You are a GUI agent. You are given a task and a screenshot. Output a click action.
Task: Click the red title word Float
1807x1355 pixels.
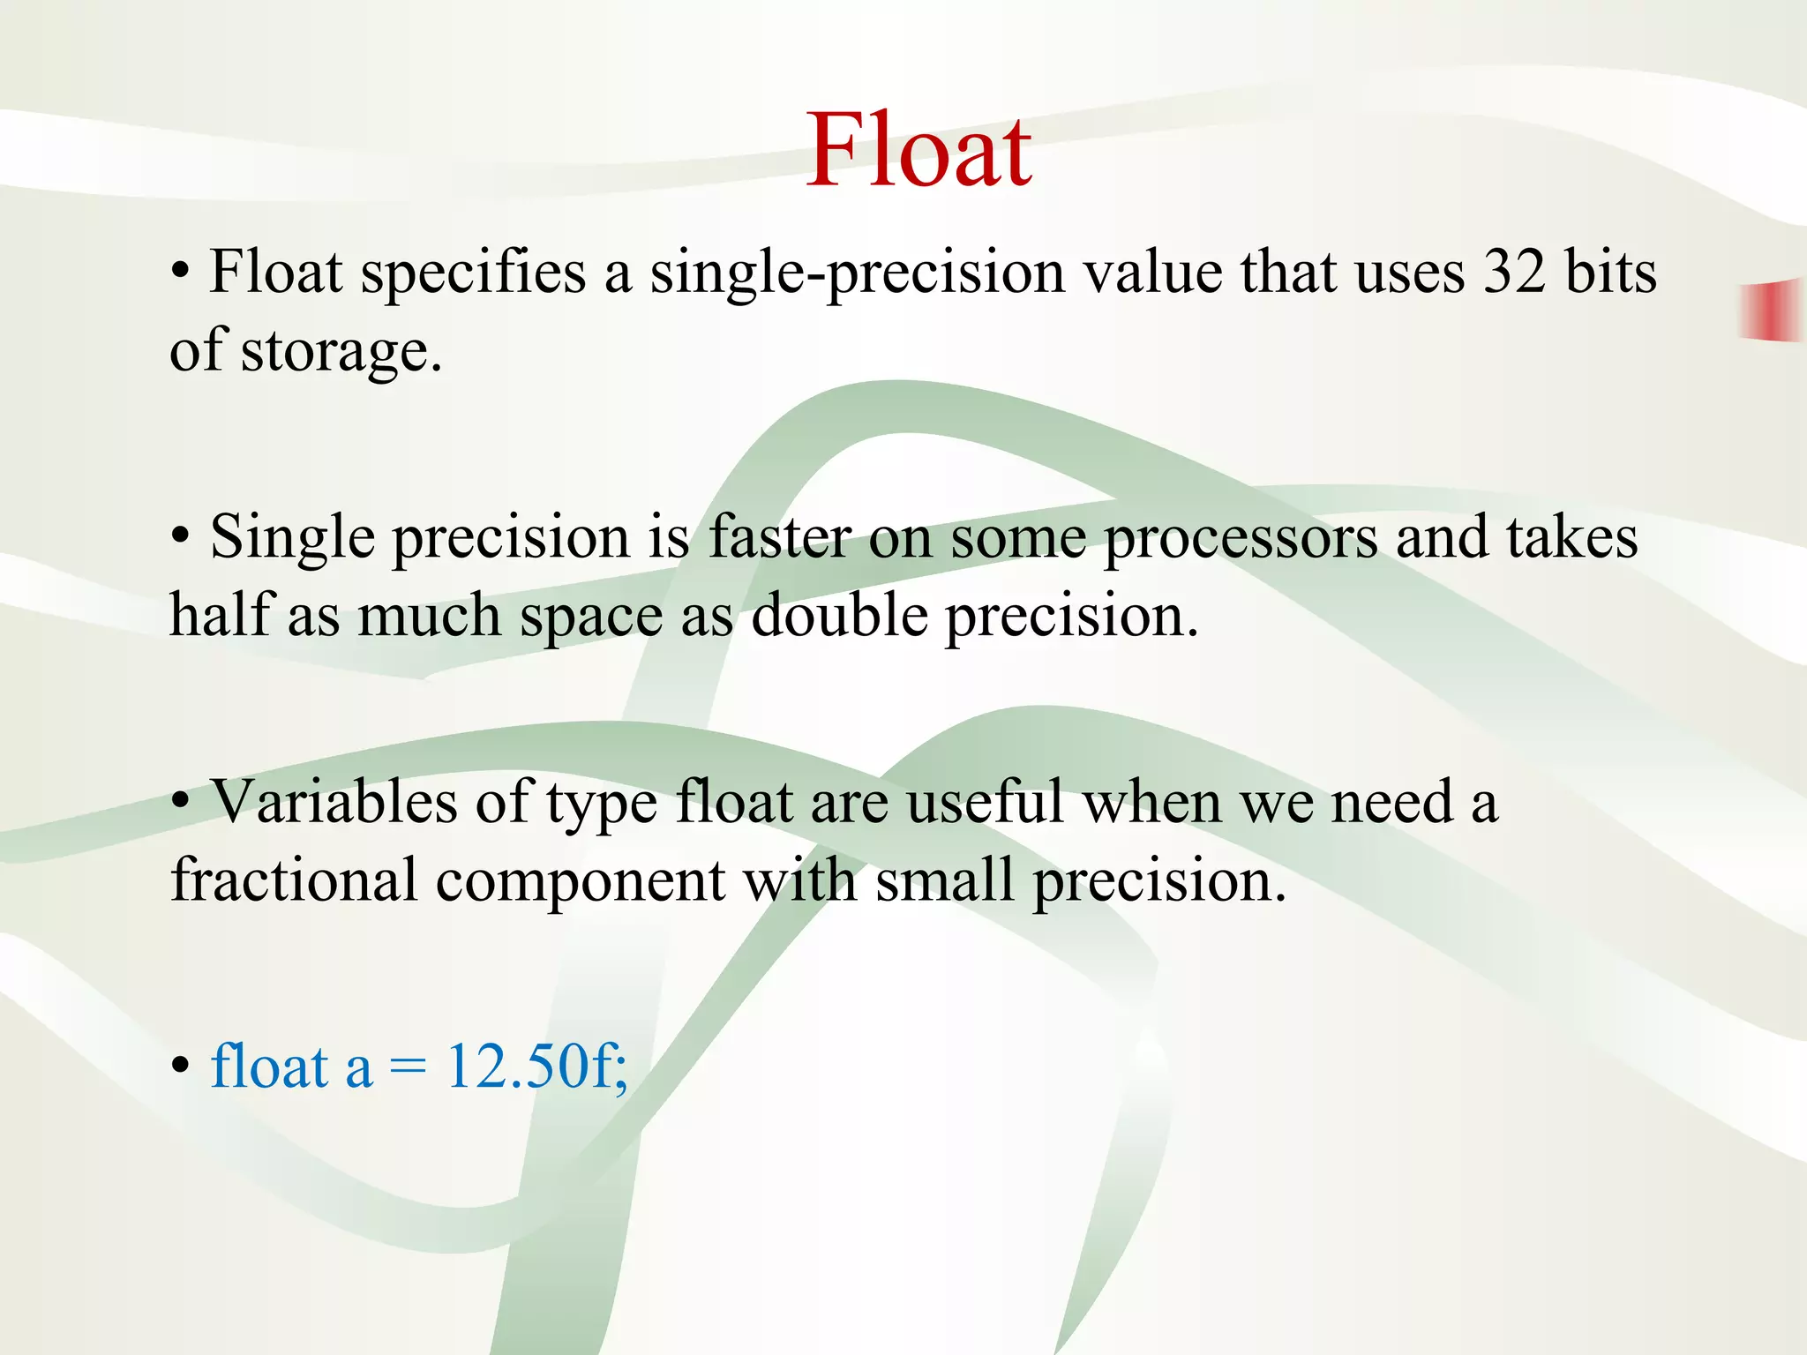coord(918,152)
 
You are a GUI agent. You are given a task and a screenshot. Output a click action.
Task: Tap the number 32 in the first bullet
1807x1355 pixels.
coord(1514,272)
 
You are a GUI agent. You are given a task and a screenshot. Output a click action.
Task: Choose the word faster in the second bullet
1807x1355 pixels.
coord(779,537)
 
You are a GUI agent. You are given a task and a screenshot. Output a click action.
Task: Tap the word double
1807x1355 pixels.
coord(839,615)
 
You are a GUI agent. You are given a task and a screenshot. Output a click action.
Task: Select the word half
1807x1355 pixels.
coord(219,615)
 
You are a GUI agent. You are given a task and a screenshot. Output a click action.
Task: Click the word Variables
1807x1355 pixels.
coord(334,802)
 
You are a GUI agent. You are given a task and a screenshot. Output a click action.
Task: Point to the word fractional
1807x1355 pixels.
coord(294,880)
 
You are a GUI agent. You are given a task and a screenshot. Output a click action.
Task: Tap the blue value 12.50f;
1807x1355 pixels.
coord(537,1067)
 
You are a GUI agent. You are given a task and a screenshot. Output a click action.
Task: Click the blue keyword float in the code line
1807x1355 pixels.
coord(269,1067)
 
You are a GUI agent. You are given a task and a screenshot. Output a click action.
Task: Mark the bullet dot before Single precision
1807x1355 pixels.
coord(180,537)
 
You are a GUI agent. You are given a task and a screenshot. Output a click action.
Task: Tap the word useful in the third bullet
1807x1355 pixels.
coord(984,802)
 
